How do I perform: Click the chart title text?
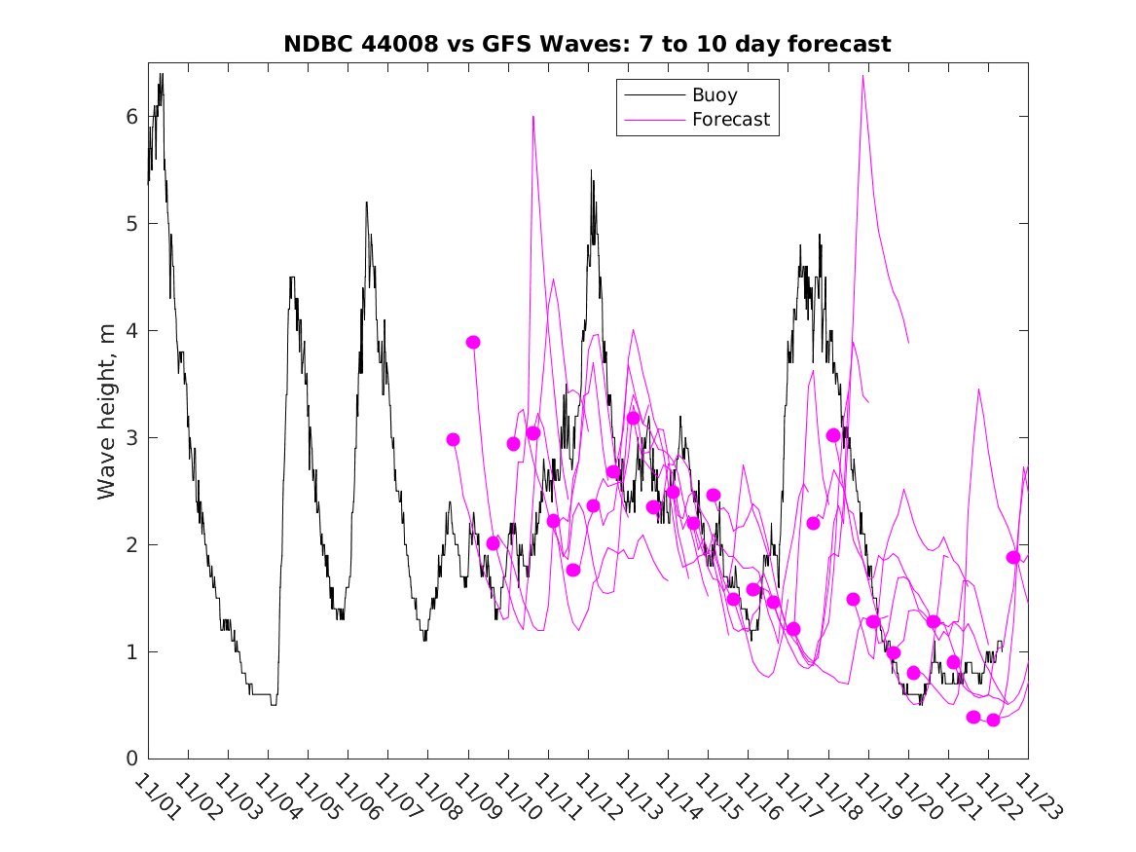[587, 44]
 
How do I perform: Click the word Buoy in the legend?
[715, 95]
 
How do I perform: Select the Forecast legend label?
[730, 120]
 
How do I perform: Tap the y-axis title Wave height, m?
[107, 415]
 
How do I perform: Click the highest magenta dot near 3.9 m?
[473, 342]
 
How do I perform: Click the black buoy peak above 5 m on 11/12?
[591, 171]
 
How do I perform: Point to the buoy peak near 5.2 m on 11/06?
[366, 203]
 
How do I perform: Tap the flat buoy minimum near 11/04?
[274, 704]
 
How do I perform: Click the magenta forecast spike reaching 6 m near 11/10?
[533, 117]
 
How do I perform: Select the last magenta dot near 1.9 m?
[1013, 557]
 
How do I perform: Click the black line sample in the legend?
[653, 95]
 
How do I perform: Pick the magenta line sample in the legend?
[653, 120]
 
